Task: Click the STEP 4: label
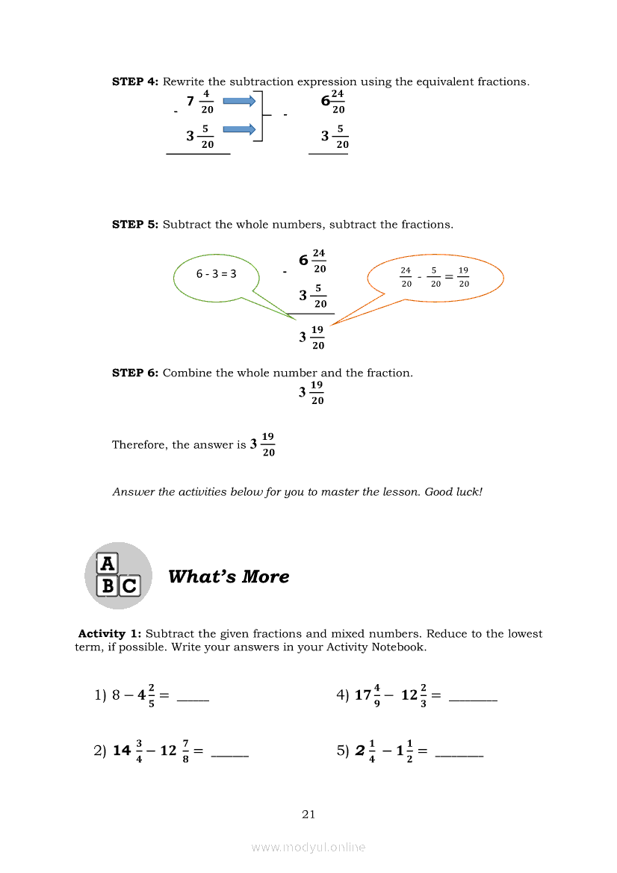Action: (x=135, y=81)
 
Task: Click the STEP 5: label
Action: (x=135, y=224)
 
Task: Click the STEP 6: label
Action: (x=135, y=373)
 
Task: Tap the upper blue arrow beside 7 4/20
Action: (x=239, y=102)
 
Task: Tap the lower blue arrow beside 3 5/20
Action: (x=239, y=130)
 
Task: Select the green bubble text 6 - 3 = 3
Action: (x=216, y=274)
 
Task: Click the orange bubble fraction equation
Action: (x=435, y=276)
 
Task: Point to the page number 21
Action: (x=308, y=814)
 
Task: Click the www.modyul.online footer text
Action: (x=308, y=847)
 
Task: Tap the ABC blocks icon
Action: (x=118, y=576)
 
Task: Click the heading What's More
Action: (x=229, y=577)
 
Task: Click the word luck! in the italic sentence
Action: (x=466, y=492)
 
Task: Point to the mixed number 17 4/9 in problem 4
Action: (x=369, y=695)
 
